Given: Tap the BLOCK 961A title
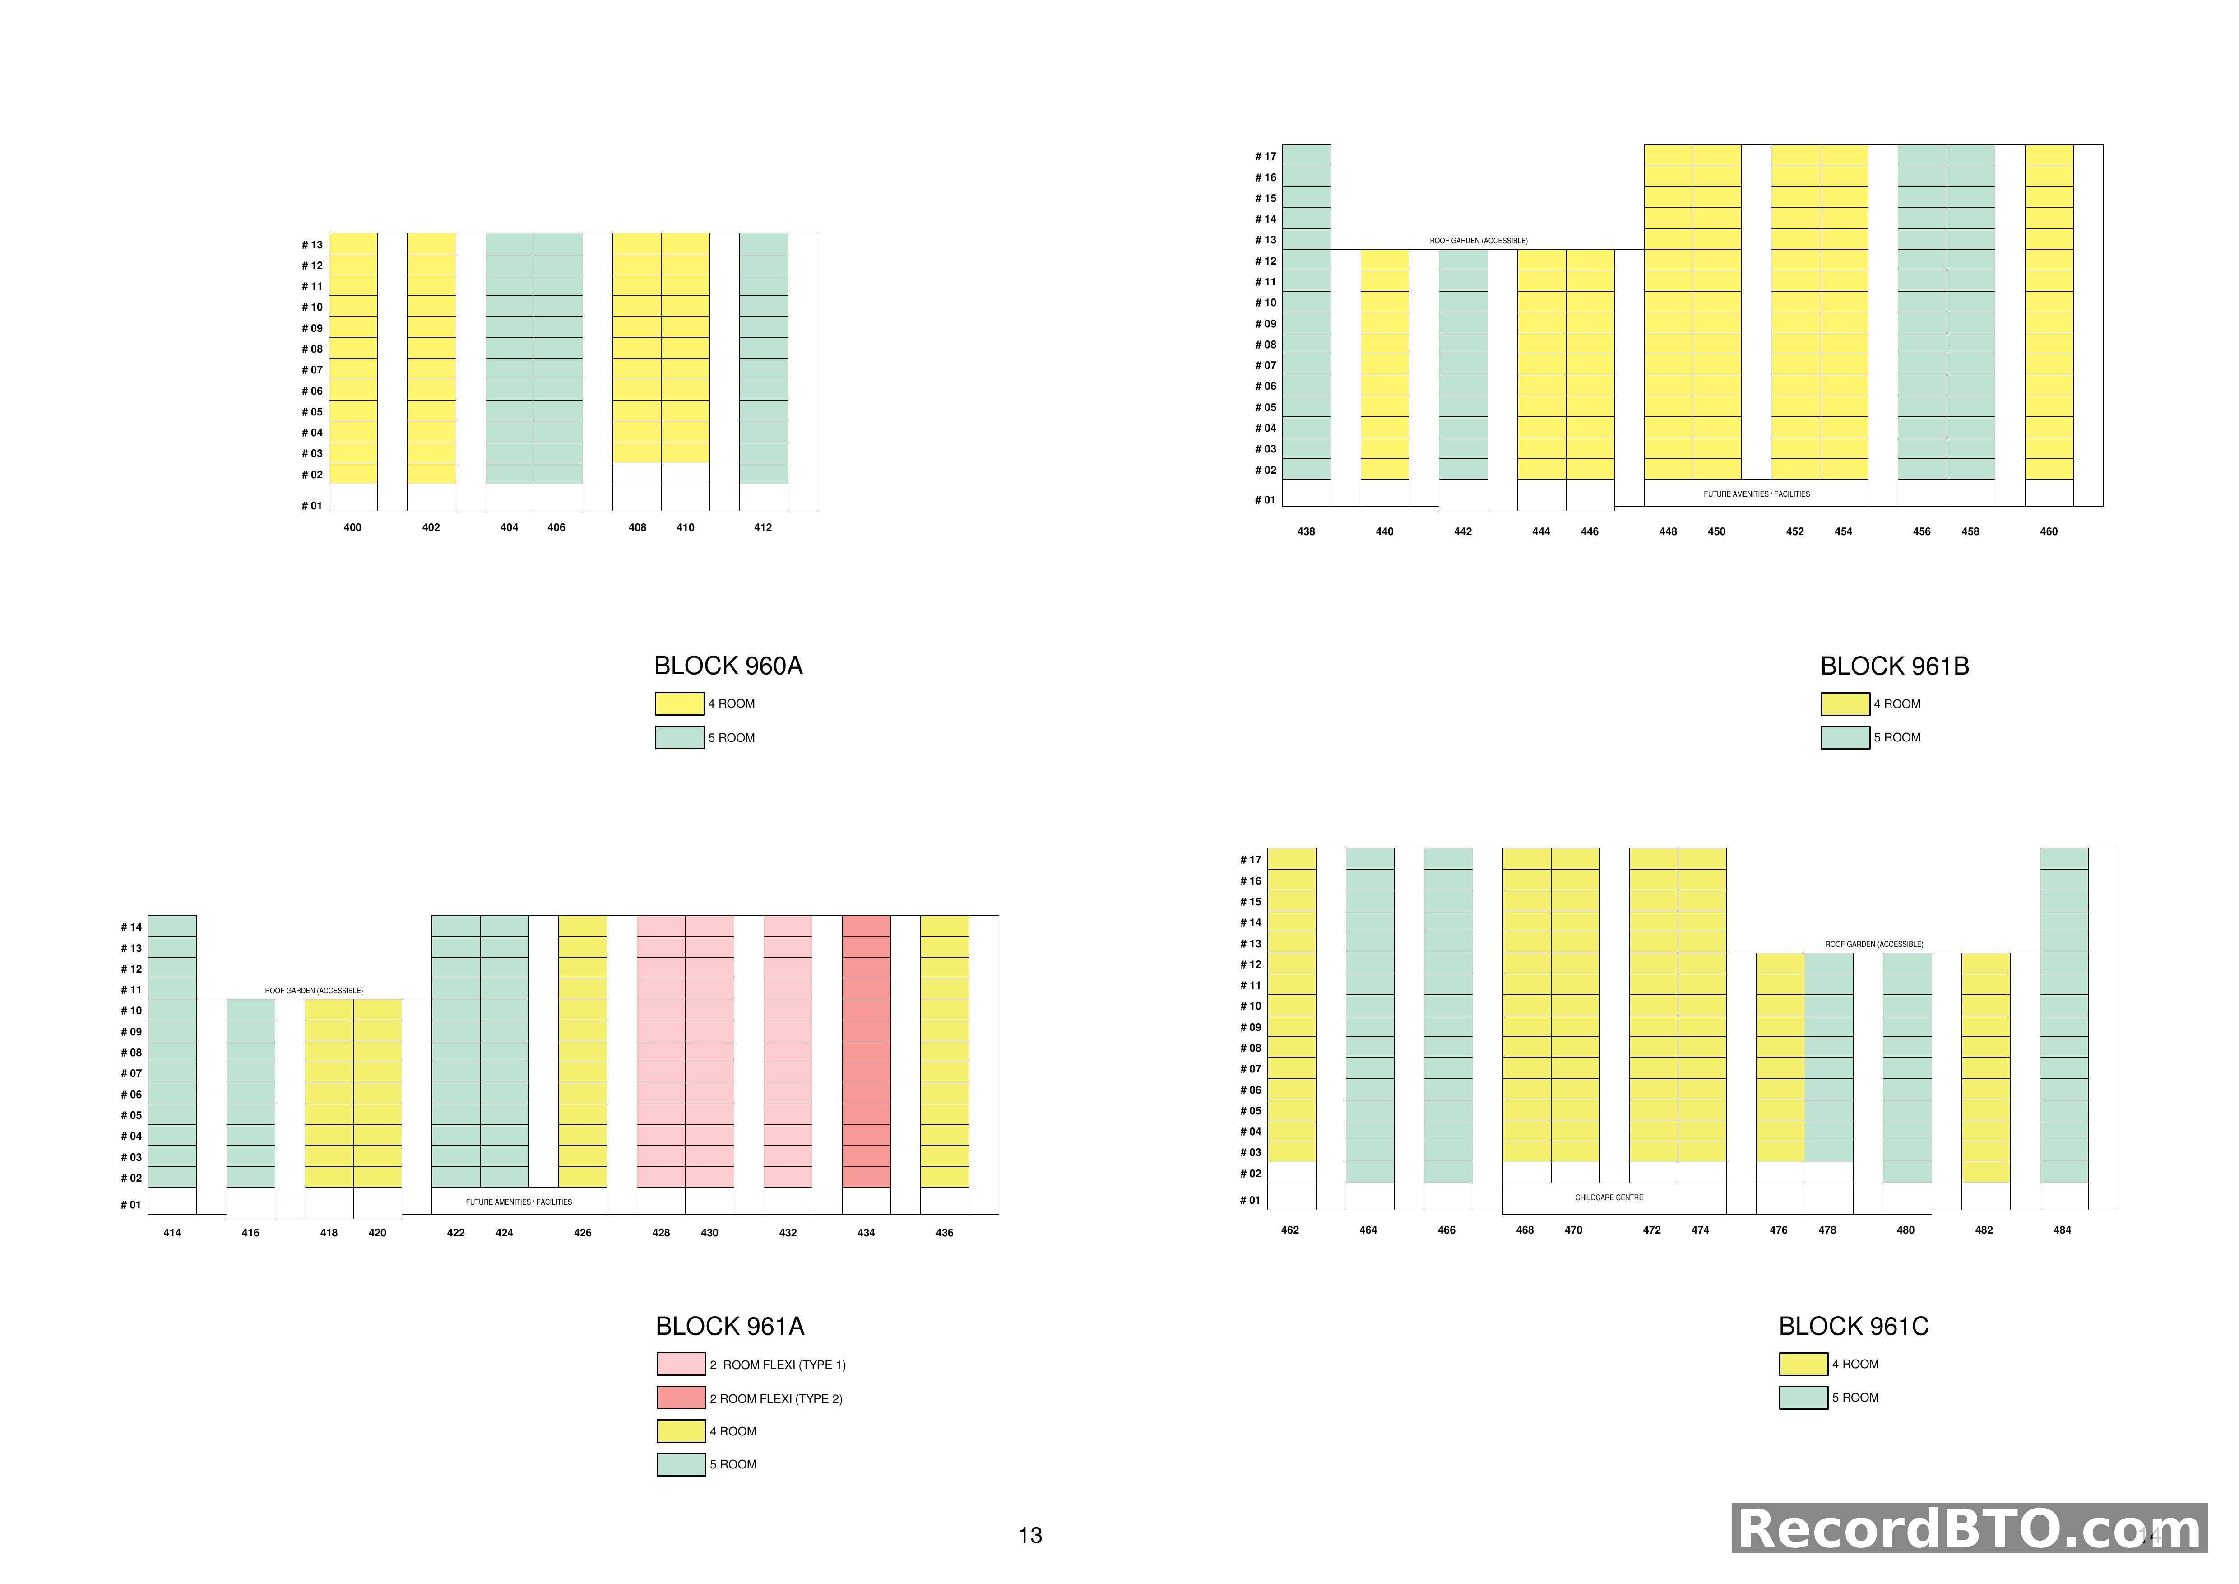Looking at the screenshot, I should point(729,1327).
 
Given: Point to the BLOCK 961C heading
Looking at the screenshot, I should point(1853,1327).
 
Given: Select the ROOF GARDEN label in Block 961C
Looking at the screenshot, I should point(1873,944).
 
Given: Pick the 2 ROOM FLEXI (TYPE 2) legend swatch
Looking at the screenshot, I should point(681,1398).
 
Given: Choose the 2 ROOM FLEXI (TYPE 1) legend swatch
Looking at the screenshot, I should point(681,1364).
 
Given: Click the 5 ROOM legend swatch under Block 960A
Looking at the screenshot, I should point(679,737).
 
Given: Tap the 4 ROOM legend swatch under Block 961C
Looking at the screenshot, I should point(1803,1364).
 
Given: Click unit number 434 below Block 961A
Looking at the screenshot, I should point(866,1233).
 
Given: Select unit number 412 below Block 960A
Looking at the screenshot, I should point(763,528).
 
